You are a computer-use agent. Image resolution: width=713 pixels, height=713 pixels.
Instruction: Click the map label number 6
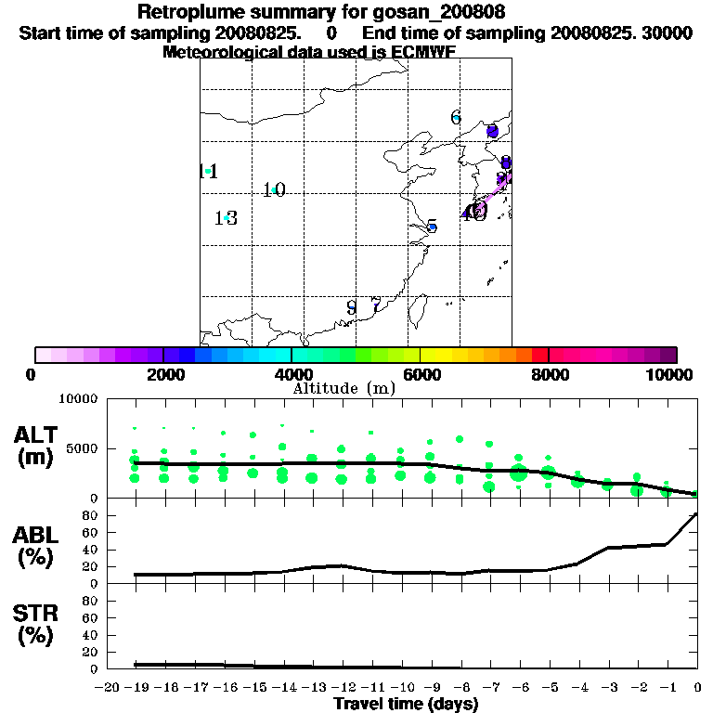tap(456, 117)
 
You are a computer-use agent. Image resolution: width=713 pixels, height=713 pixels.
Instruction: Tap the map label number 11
tap(209, 171)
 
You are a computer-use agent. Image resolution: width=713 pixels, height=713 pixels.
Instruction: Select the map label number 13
tap(226, 218)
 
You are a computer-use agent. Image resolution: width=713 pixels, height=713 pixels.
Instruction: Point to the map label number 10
tap(273, 190)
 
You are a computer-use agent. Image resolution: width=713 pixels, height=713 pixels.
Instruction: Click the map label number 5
tap(432, 227)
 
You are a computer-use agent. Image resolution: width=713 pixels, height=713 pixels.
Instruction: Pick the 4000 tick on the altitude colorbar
tap(291, 373)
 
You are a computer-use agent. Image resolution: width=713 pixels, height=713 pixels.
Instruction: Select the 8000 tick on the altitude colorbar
tap(549, 373)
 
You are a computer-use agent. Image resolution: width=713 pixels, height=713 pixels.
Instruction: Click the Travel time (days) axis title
tap(406, 704)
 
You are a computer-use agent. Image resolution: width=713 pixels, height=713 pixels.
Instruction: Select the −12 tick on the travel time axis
tap(342, 688)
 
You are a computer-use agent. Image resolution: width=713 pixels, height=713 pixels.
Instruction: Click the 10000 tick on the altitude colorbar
tap(672, 373)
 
